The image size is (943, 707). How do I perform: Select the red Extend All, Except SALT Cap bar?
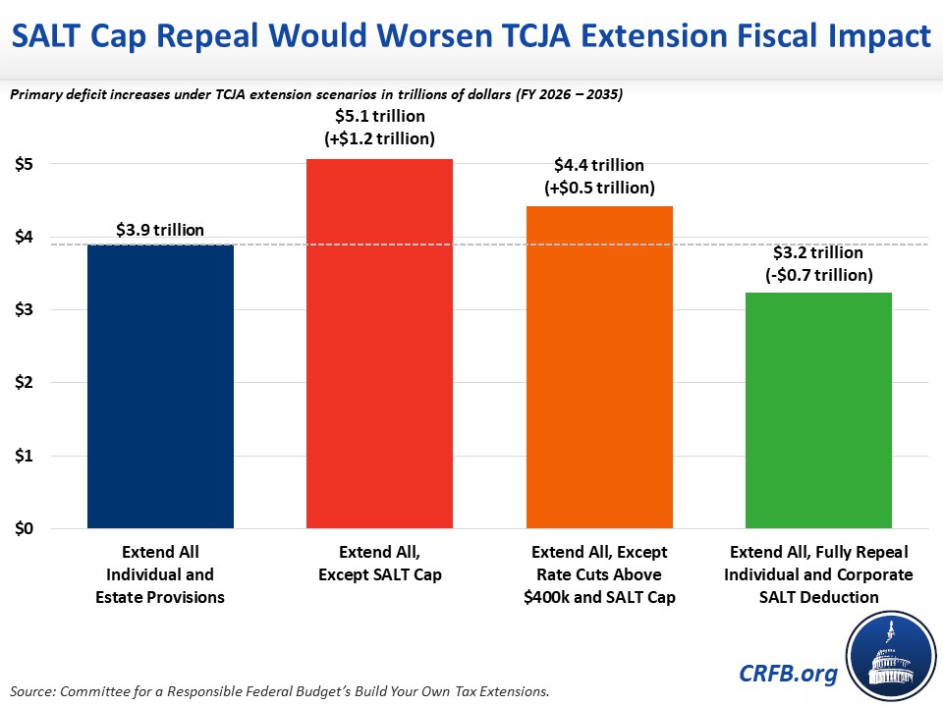click(x=379, y=344)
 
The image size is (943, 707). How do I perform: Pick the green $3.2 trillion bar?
click(x=818, y=409)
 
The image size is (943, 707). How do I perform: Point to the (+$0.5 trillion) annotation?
click(x=599, y=187)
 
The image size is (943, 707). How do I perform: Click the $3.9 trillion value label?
click(x=160, y=230)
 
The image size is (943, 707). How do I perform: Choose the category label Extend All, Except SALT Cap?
click(x=379, y=564)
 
